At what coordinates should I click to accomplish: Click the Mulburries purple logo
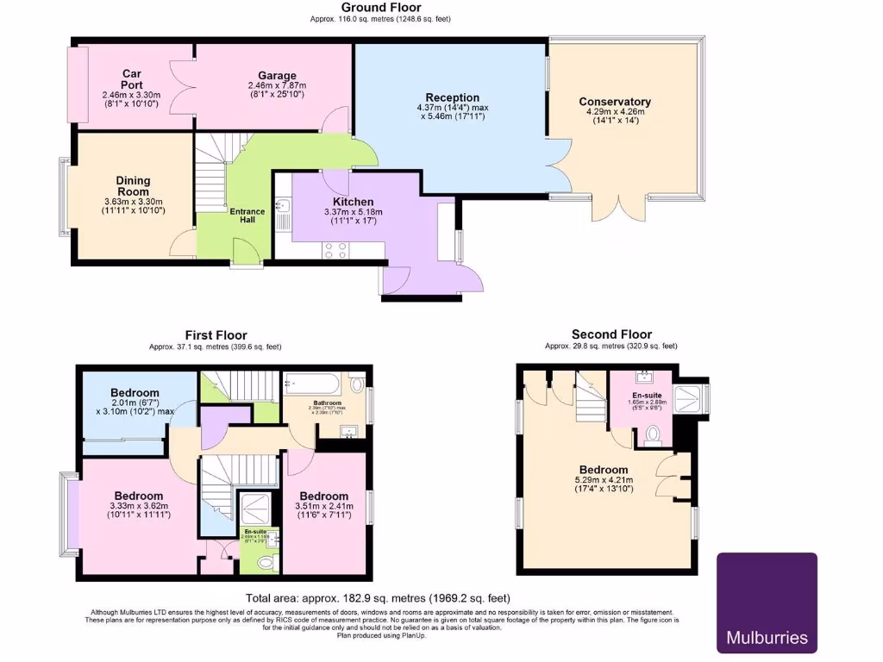pos(767,603)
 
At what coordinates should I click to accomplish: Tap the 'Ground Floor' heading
pos(381,8)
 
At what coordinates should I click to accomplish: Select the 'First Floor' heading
pos(216,335)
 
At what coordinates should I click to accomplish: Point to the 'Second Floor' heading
pos(611,334)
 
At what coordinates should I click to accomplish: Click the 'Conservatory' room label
pos(614,102)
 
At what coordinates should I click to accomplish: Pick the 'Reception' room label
pos(452,97)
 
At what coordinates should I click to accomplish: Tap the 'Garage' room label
pos(277,76)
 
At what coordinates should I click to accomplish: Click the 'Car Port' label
pos(131,78)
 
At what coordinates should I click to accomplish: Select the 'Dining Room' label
pos(133,185)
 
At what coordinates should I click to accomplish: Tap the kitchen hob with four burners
pos(335,250)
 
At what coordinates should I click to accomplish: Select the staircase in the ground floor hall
pos(210,177)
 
